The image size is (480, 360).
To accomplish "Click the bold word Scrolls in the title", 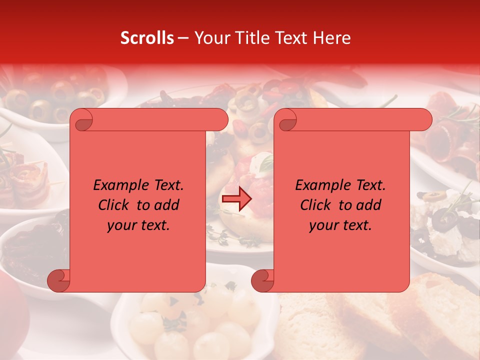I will (147, 38).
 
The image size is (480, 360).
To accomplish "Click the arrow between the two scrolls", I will (236, 199).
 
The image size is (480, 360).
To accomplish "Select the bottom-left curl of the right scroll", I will (263, 280).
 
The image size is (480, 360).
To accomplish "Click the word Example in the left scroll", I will (117, 185).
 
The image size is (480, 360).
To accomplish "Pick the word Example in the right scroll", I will (319, 185).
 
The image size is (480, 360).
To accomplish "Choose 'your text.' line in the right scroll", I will (340, 225).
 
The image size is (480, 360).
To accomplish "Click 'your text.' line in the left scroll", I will (138, 225).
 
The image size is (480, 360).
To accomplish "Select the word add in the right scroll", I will (369, 205).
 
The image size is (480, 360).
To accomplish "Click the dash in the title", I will (183, 38).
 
